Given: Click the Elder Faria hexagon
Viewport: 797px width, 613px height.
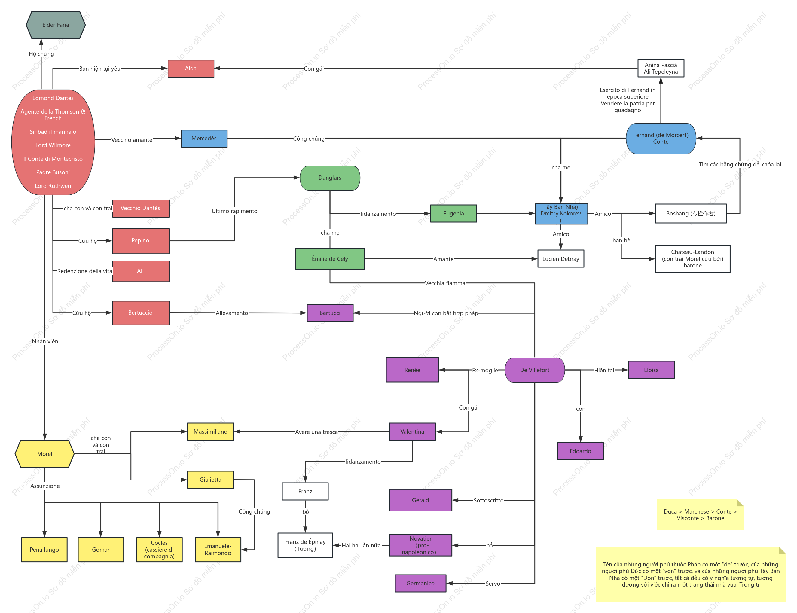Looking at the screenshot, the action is coord(56,25).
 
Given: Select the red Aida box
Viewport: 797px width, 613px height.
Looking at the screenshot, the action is coord(191,69).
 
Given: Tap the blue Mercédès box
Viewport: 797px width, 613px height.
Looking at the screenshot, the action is coord(204,139).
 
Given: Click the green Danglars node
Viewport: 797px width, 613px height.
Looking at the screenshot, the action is coord(330,178).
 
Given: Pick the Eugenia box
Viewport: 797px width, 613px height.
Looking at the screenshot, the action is coord(453,213).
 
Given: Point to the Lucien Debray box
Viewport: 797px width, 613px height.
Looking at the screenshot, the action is coord(560,259).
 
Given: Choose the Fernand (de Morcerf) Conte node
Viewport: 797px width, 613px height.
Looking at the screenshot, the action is coord(661,139).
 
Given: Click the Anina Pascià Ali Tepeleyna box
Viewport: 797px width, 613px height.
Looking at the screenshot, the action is coord(661,68).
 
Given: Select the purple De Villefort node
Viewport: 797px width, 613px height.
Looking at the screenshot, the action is coord(535,370).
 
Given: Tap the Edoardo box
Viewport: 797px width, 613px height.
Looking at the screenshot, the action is coord(580,451).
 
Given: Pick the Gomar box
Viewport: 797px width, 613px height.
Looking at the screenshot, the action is coord(101,550).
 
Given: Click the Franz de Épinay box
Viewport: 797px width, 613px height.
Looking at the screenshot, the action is coord(305,545).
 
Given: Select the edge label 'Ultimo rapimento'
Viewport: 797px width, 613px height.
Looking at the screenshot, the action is coord(234,211).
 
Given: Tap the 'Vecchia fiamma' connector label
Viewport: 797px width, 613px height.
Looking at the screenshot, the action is coord(445,283).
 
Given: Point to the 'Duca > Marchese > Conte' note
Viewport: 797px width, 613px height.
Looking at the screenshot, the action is coord(700,515).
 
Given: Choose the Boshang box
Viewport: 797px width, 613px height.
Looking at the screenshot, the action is coord(691,213).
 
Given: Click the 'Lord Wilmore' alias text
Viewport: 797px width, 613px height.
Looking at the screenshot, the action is coord(53,145).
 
